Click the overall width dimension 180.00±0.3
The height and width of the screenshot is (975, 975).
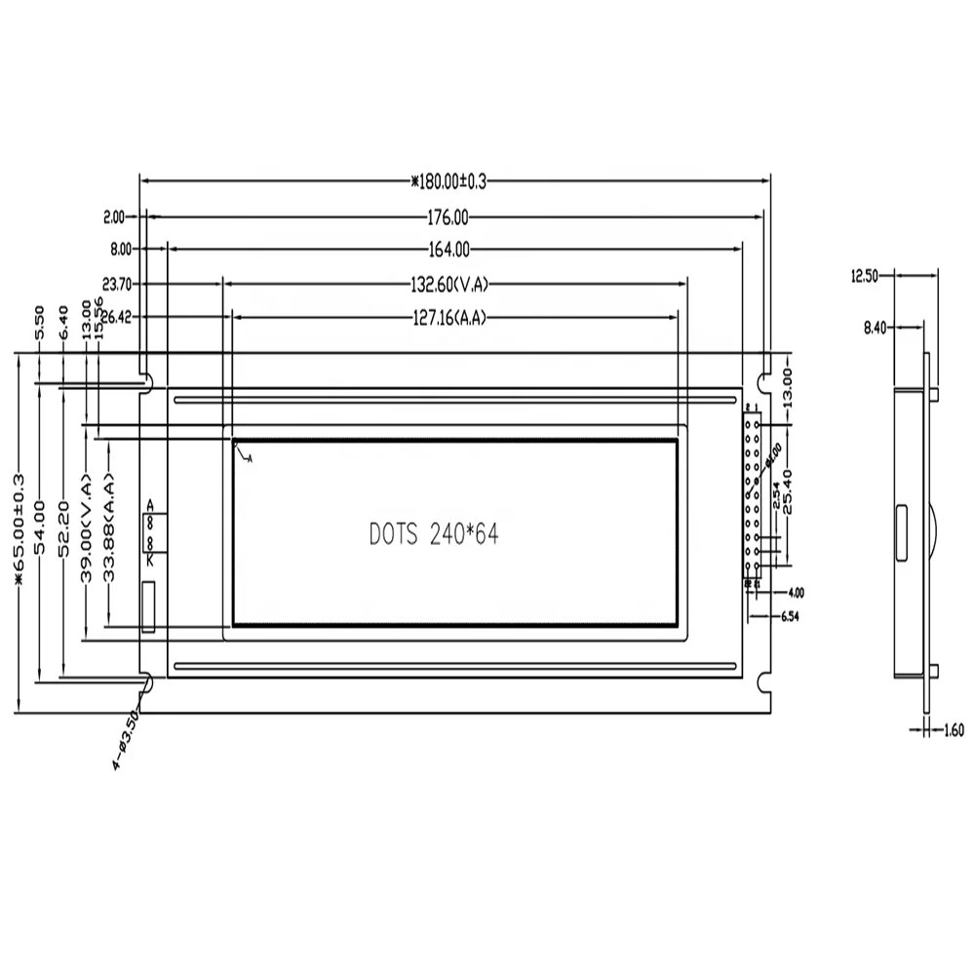click(449, 180)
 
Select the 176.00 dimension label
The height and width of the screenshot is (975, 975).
click(448, 216)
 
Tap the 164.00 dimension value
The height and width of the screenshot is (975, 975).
click(448, 250)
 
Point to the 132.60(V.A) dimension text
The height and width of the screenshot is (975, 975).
click(448, 285)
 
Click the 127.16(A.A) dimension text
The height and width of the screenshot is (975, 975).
click(448, 317)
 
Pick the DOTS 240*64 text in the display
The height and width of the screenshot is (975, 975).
click(434, 533)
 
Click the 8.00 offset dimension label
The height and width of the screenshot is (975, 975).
click(121, 250)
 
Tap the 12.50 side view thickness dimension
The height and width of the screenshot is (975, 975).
click(865, 276)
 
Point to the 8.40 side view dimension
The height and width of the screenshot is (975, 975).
click(874, 329)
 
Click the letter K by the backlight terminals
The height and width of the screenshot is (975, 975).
click(150, 560)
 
